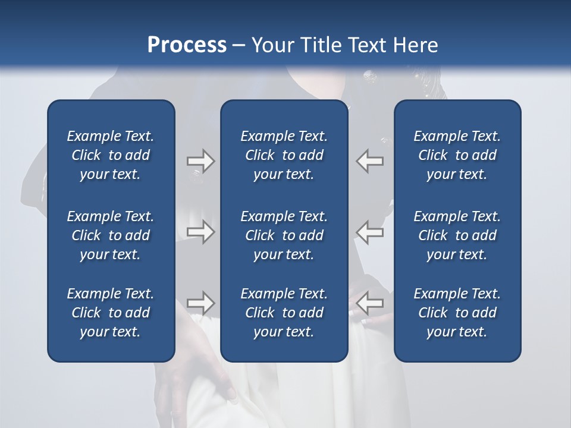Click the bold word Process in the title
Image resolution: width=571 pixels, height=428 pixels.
coord(187,45)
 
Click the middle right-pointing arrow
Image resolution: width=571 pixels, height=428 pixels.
coord(201,231)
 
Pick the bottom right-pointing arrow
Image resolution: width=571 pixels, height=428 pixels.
coord(201,303)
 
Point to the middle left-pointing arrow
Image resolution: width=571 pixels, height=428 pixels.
coord(370,231)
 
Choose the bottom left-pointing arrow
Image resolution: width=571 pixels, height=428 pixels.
coord(370,303)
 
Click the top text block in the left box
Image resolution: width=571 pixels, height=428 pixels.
coord(111,155)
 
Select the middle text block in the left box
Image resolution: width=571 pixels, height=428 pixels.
coord(111,235)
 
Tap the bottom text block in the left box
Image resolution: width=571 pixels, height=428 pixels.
coord(111,313)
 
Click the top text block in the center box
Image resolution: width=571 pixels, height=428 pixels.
coord(284,155)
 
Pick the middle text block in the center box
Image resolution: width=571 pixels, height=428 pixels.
coord(284,235)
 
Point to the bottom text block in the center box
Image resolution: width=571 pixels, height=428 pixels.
coord(284,313)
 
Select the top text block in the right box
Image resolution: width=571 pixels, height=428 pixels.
coord(457,155)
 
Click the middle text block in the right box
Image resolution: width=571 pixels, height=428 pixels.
coord(457,235)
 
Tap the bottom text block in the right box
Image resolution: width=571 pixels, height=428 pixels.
coord(457,313)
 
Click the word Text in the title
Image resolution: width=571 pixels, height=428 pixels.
coord(368,45)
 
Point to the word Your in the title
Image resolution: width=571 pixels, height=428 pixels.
coord(271,45)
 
